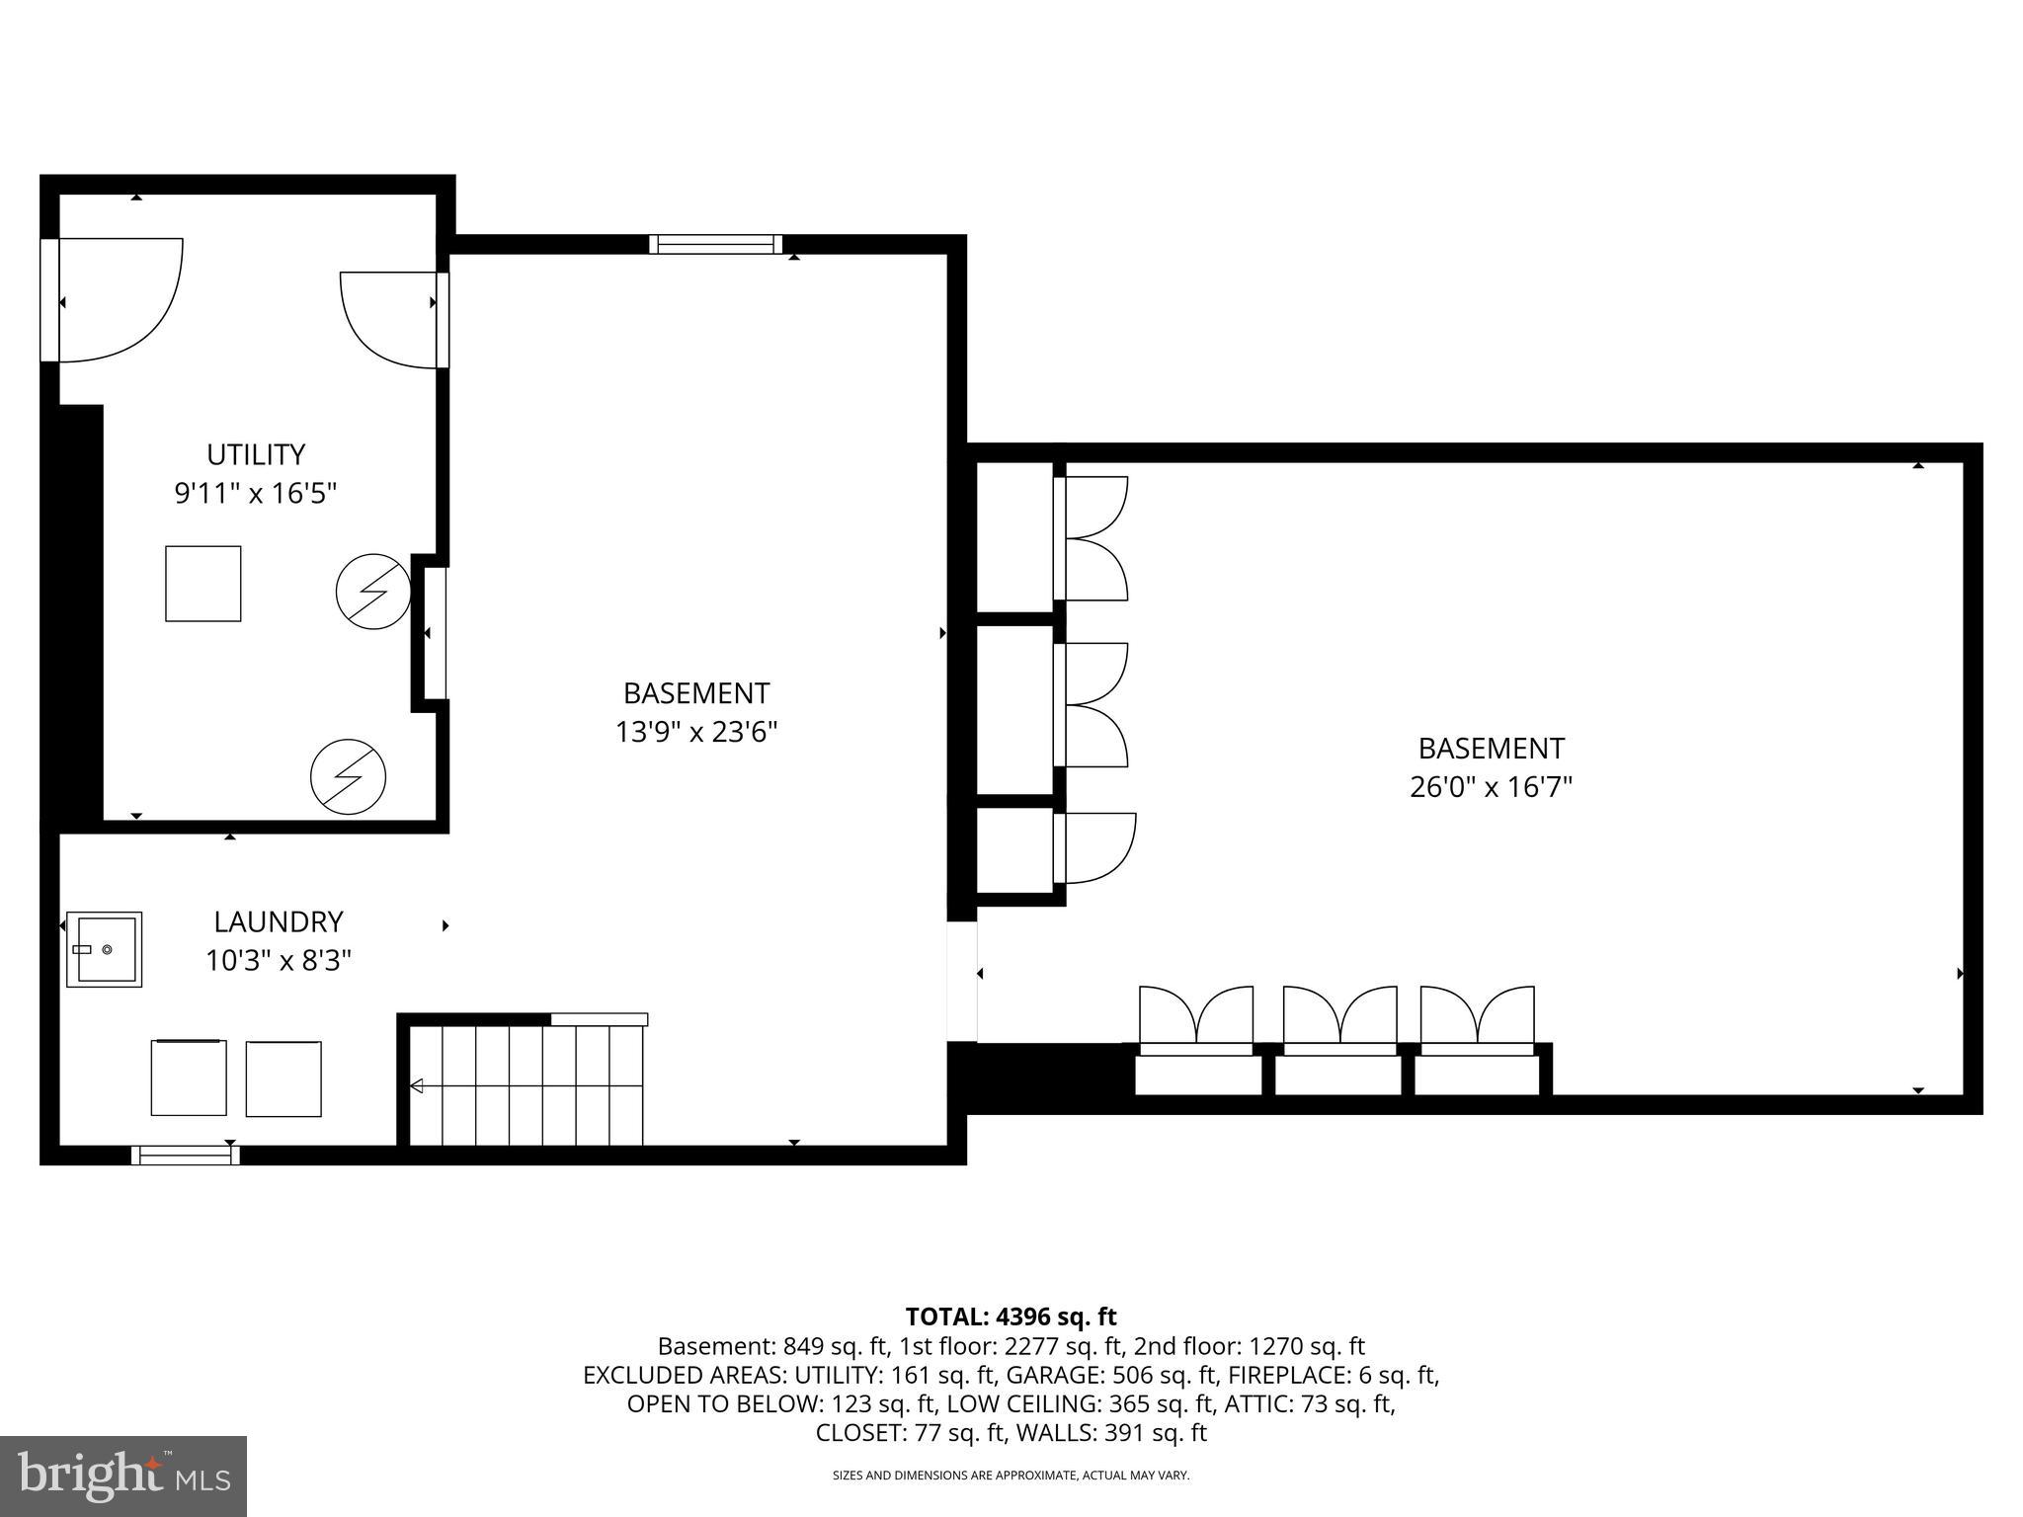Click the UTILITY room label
coord(256,454)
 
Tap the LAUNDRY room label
coord(279,921)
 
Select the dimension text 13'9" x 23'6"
coord(696,732)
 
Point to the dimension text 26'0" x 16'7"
coord(1491,787)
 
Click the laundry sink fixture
coord(104,949)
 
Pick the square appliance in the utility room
coord(202,584)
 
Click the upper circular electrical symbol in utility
coord(372,592)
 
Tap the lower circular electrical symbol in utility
coord(348,777)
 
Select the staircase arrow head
coord(417,1086)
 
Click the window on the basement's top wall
coord(715,244)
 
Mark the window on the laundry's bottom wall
coord(186,1155)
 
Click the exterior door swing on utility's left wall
coord(119,300)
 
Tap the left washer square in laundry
coord(189,1078)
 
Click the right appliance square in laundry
coord(283,1078)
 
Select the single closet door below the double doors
coord(1096,847)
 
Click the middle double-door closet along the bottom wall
coord(1339,1017)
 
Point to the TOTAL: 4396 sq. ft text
coord(1011,1317)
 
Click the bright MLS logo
coord(123,1476)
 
